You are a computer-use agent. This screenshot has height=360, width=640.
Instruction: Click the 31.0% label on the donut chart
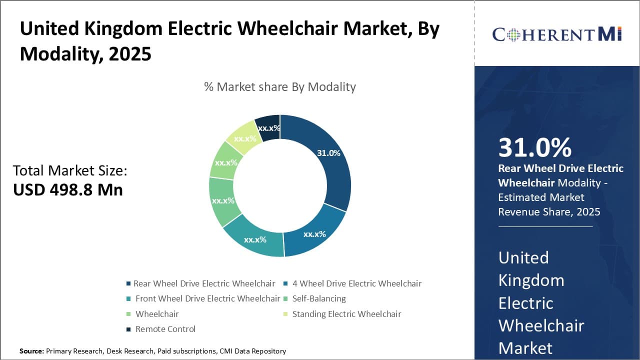click(x=328, y=153)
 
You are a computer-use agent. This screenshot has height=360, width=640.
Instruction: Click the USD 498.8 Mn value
click(x=68, y=190)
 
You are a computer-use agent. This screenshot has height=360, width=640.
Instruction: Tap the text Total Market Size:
click(x=70, y=170)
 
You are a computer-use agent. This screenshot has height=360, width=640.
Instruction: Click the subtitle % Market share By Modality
click(x=280, y=87)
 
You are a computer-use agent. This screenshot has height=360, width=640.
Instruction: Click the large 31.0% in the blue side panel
click(x=534, y=147)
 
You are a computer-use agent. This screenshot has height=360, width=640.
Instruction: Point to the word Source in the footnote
click(x=31, y=351)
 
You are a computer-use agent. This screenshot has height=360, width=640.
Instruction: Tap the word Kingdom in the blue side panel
click(x=531, y=280)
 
